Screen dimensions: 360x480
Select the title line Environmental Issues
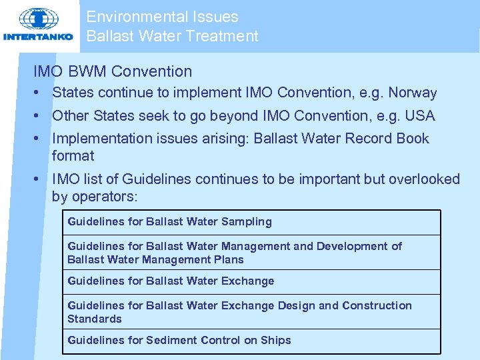(x=162, y=17)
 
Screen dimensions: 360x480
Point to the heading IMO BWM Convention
(x=113, y=71)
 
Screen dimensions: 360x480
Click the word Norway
(x=413, y=93)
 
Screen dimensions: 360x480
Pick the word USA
(x=420, y=116)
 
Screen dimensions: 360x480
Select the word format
(x=73, y=156)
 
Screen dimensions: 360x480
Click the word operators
(x=103, y=197)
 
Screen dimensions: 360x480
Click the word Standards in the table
(x=95, y=319)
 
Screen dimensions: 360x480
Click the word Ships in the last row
(x=276, y=340)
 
